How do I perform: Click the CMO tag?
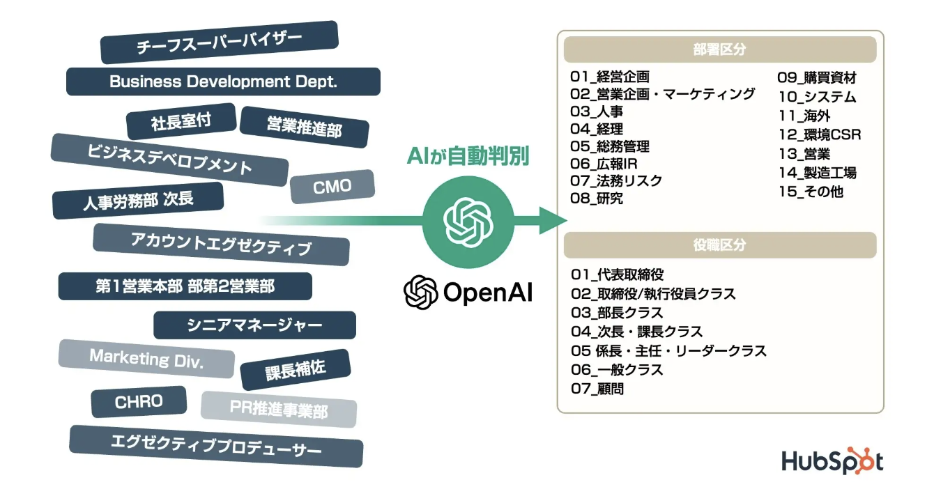pos(332,187)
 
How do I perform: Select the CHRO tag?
pos(139,401)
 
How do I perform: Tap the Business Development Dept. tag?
pos(223,82)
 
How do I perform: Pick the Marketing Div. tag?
pos(146,358)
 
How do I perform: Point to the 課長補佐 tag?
pos(296,370)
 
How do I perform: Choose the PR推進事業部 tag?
pos(279,409)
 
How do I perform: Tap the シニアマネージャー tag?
pos(254,325)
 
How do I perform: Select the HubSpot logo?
pos(832,461)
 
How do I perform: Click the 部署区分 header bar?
pos(719,49)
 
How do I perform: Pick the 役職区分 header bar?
pos(719,245)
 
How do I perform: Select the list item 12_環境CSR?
pos(820,134)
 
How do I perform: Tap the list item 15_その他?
pos(811,192)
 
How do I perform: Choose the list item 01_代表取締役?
pos(618,274)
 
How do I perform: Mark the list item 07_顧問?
pos(597,389)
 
